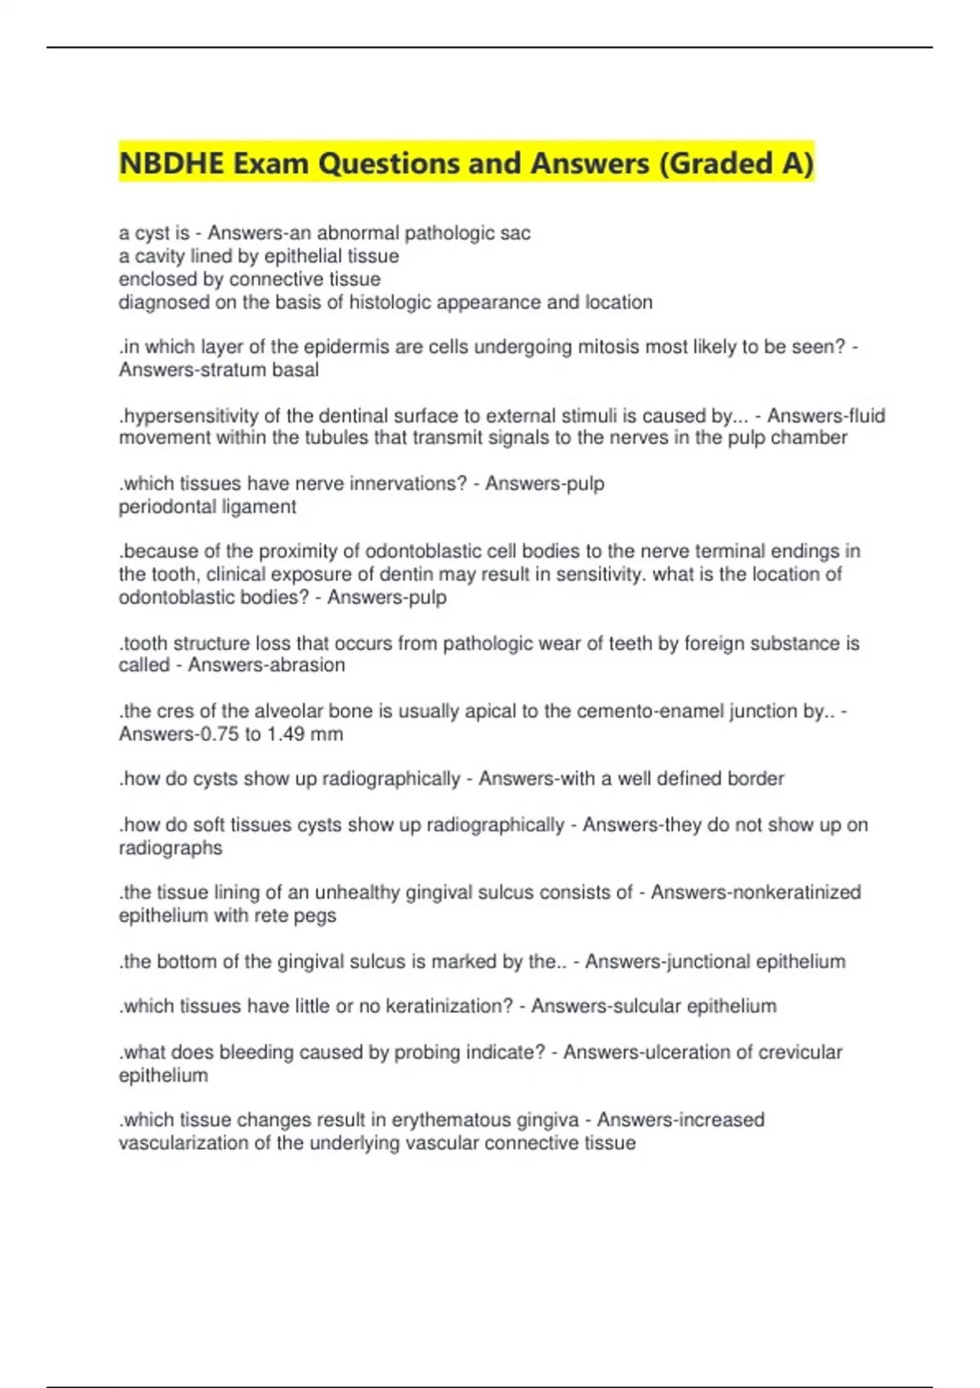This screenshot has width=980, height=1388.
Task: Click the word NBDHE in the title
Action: [171, 163]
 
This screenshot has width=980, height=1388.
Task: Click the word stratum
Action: [241, 370]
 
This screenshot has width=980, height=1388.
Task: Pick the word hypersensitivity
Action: [189, 416]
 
